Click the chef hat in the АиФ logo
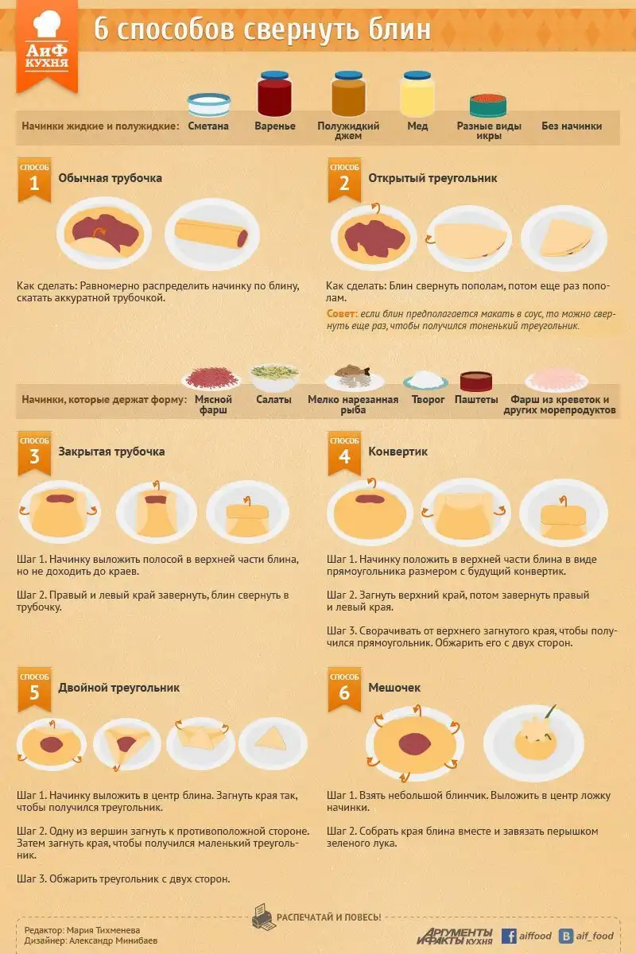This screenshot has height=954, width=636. pyautogui.click(x=46, y=24)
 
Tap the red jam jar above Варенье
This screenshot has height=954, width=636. pyautogui.click(x=275, y=94)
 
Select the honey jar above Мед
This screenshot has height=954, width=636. pyautogui.click(x=417, y=94)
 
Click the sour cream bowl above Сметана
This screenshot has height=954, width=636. pyautogui.click(x=209, y=104)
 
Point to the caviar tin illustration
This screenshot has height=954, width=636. pyautogui.click(x=488, y=105)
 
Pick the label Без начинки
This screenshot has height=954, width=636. pyautogui.click(x=572, y=126)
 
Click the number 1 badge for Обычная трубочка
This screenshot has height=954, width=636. pyautogui.click(x=34, y=180)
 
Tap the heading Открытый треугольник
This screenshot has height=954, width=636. pyautogui.click(x=432, y=178)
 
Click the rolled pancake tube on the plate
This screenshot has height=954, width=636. pyautogui.click(x=211, y=232)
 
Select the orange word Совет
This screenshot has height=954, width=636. pyautogui.click(x=342, y=313)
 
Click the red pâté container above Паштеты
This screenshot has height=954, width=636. pyautogui.click(x=476, y=381)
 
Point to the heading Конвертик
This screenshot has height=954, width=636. pyautogui.click(x=397, y=452)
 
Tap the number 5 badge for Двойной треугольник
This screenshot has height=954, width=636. pyautogui.click(x=34, y=689)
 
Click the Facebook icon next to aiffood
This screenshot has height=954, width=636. pyautogui.click(x=509, y=936)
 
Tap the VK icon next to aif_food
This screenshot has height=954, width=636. pyautogui.click(x=566, y=936)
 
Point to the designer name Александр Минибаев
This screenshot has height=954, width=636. pyautogui.click(x=113, y=940)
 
